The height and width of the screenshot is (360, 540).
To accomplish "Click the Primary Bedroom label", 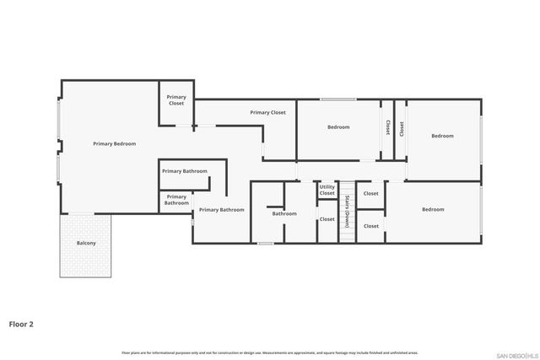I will tap(114, 144).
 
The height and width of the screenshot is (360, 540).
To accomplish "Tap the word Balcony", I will tap(86, 243).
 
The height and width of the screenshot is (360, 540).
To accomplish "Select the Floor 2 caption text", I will tap(21, 323).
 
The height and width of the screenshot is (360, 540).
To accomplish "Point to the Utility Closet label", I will tap(327, 191).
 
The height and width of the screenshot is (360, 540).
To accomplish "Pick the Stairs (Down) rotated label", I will tap(347, 211).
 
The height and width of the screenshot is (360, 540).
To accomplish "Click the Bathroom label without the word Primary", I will tap(284, 213).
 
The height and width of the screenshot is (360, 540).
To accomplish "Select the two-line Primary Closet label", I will tap(176, 100).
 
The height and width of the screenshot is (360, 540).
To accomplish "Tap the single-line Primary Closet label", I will tap(267, 112).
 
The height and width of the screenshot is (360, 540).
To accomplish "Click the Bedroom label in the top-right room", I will tap(442, 136).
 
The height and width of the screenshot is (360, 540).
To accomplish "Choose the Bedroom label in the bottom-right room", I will tap(433, 209).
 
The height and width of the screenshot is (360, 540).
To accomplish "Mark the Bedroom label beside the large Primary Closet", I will tap(338, 127).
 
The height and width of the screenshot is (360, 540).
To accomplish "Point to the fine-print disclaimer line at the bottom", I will tap(269, 352).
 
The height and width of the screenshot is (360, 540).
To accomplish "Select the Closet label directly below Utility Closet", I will tap(327, 219).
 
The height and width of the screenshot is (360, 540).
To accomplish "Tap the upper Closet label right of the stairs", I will tap(370, 194).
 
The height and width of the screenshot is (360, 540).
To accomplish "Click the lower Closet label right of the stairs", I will tap(370, 226).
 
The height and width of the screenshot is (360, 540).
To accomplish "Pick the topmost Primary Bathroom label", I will tap(184, 171).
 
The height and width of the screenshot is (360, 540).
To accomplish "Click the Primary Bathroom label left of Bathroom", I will tap(221, 209).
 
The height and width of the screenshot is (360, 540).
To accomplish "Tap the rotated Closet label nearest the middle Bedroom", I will tap(387, 127).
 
